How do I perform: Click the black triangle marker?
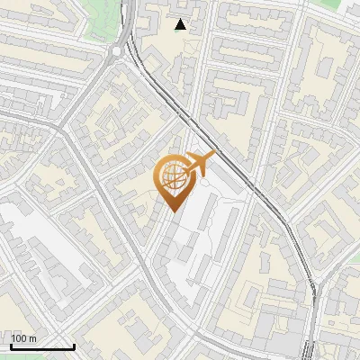tap(181, 24)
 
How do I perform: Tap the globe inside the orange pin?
tap(174, 175)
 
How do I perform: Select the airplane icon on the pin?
tap(198, 164)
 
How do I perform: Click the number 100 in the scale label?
tap(18, 337)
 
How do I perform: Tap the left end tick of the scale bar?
tap(10, 346)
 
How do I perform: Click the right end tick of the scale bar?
tap(74, 346)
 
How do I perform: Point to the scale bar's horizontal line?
tap(41, 346)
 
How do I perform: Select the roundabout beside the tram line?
tap(119, 51)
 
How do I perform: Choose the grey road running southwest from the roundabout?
tap(90, 90)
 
